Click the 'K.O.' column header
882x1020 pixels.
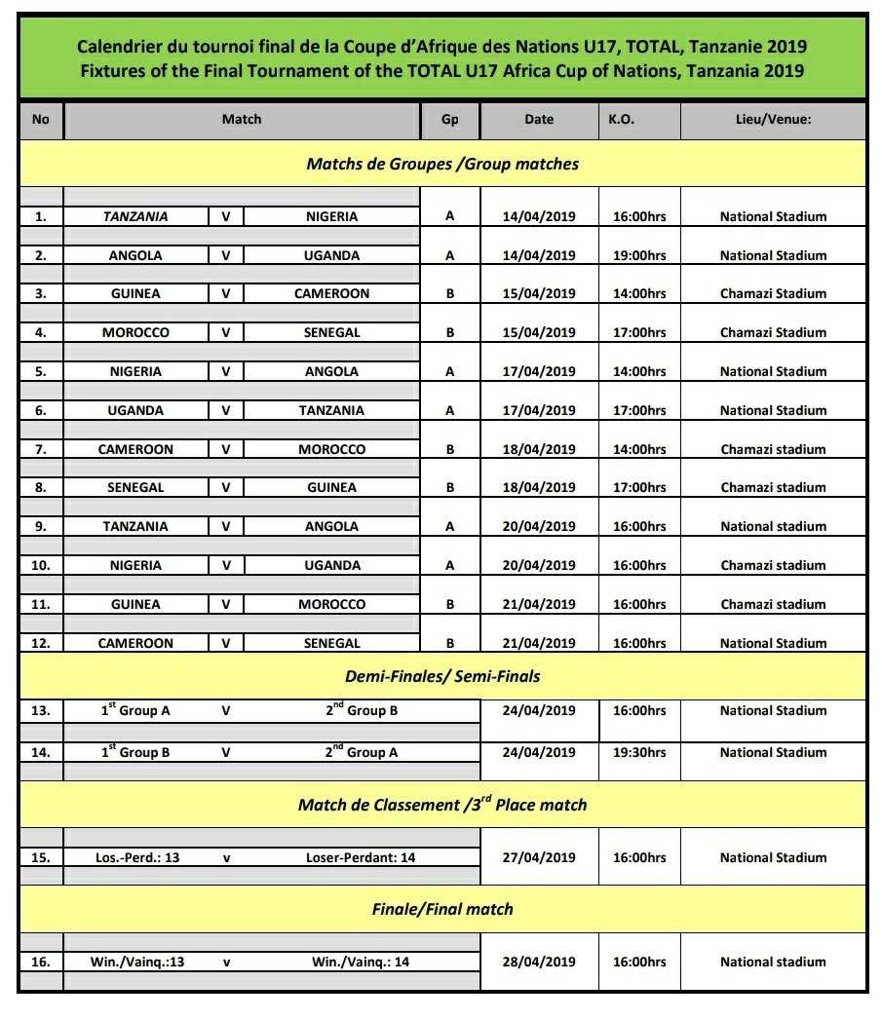point(621,120)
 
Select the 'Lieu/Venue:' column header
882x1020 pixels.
point(773,120)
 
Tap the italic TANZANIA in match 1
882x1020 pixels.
point(135,217)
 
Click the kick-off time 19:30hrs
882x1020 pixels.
point(638,752)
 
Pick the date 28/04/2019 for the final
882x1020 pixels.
point(539,962)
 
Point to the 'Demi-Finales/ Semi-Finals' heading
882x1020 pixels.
point(442,676)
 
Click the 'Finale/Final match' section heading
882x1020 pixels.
point(442,909)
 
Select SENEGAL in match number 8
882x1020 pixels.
point(135,487)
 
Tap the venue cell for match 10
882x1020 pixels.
point(773,565)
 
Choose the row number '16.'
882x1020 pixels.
point(40,962)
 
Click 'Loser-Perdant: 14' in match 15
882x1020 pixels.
point(361,857)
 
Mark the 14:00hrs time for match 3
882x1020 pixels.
point(638,293)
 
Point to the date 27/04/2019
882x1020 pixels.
point(539,857)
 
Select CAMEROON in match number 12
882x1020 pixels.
point(135,643)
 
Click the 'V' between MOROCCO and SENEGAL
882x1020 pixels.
point(226,332)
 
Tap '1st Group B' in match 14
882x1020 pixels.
point(135,752)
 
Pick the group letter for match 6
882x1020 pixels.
point(449,410)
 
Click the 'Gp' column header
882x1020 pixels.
point(449,120)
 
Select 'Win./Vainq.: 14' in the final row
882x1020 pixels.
point(361,962)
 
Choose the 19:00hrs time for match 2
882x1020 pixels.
point(638,255)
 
